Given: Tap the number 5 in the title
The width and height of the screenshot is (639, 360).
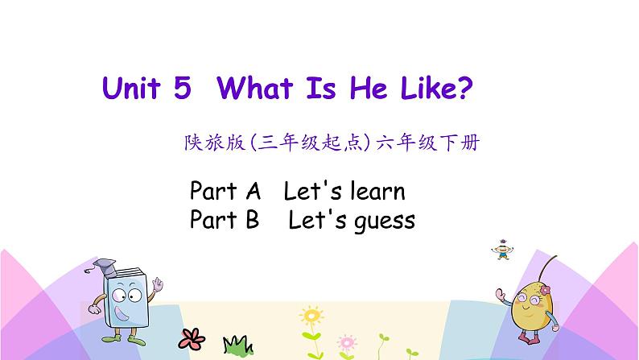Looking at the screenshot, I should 182,88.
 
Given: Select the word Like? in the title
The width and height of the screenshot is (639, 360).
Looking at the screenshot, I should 433,88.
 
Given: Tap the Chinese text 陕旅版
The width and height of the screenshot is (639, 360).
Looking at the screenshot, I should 204,145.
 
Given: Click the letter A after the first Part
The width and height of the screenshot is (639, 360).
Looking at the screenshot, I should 252,192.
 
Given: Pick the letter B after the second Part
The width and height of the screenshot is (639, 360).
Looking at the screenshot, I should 250,219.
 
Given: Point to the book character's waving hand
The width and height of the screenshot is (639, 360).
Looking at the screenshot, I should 158,285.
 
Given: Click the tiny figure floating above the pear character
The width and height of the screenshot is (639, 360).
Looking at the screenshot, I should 500,250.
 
